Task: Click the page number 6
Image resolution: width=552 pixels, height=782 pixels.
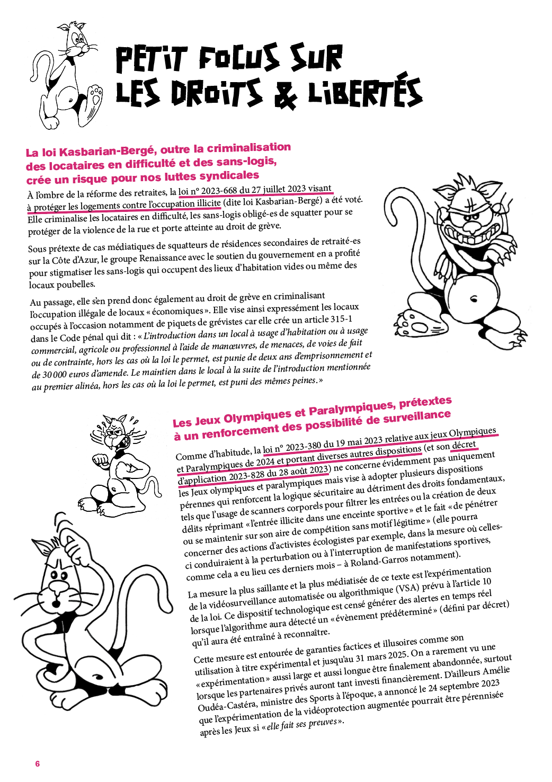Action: pyautogui.click(x=37, y=763)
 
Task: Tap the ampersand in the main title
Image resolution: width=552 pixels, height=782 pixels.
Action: pyautogui.click(x=286, y=94)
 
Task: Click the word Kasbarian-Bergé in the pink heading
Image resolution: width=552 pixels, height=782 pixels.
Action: pyautogui.click(x=108, y=151)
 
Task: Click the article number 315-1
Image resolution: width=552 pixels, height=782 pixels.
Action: pyautogui.click(x=341, y=319)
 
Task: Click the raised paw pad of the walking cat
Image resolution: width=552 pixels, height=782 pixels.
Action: pyautogui.click(x=95, y=97)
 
